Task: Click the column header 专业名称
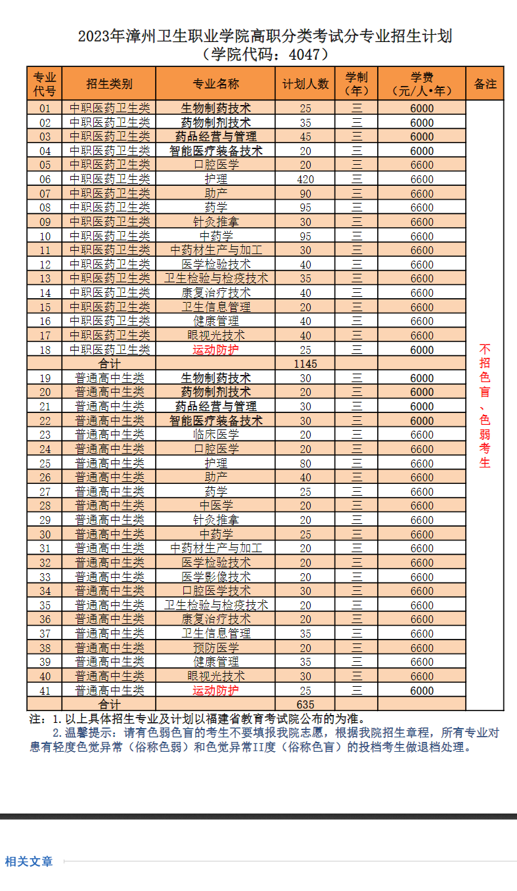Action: pos(215,84)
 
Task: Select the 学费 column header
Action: pos(422,84)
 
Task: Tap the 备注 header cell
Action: pos(485,84)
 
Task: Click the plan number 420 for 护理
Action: pos(305,179)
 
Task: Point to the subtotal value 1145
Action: pos(305,363)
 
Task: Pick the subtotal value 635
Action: pos(305,705)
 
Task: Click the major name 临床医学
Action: pos(215,435)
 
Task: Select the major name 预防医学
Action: pos(215,648)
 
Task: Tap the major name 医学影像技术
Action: pos(215,577)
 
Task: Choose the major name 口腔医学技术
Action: pos(215,591)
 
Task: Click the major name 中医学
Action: pos(215,506)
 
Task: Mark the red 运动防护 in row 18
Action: pos(215,350)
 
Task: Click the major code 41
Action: pos(45,691)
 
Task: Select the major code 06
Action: pos(45,179)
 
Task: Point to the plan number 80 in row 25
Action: pos(305,464)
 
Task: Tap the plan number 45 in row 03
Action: pos(305,137)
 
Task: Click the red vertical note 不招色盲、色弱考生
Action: pos(485,405)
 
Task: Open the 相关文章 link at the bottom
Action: pos(29,861)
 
